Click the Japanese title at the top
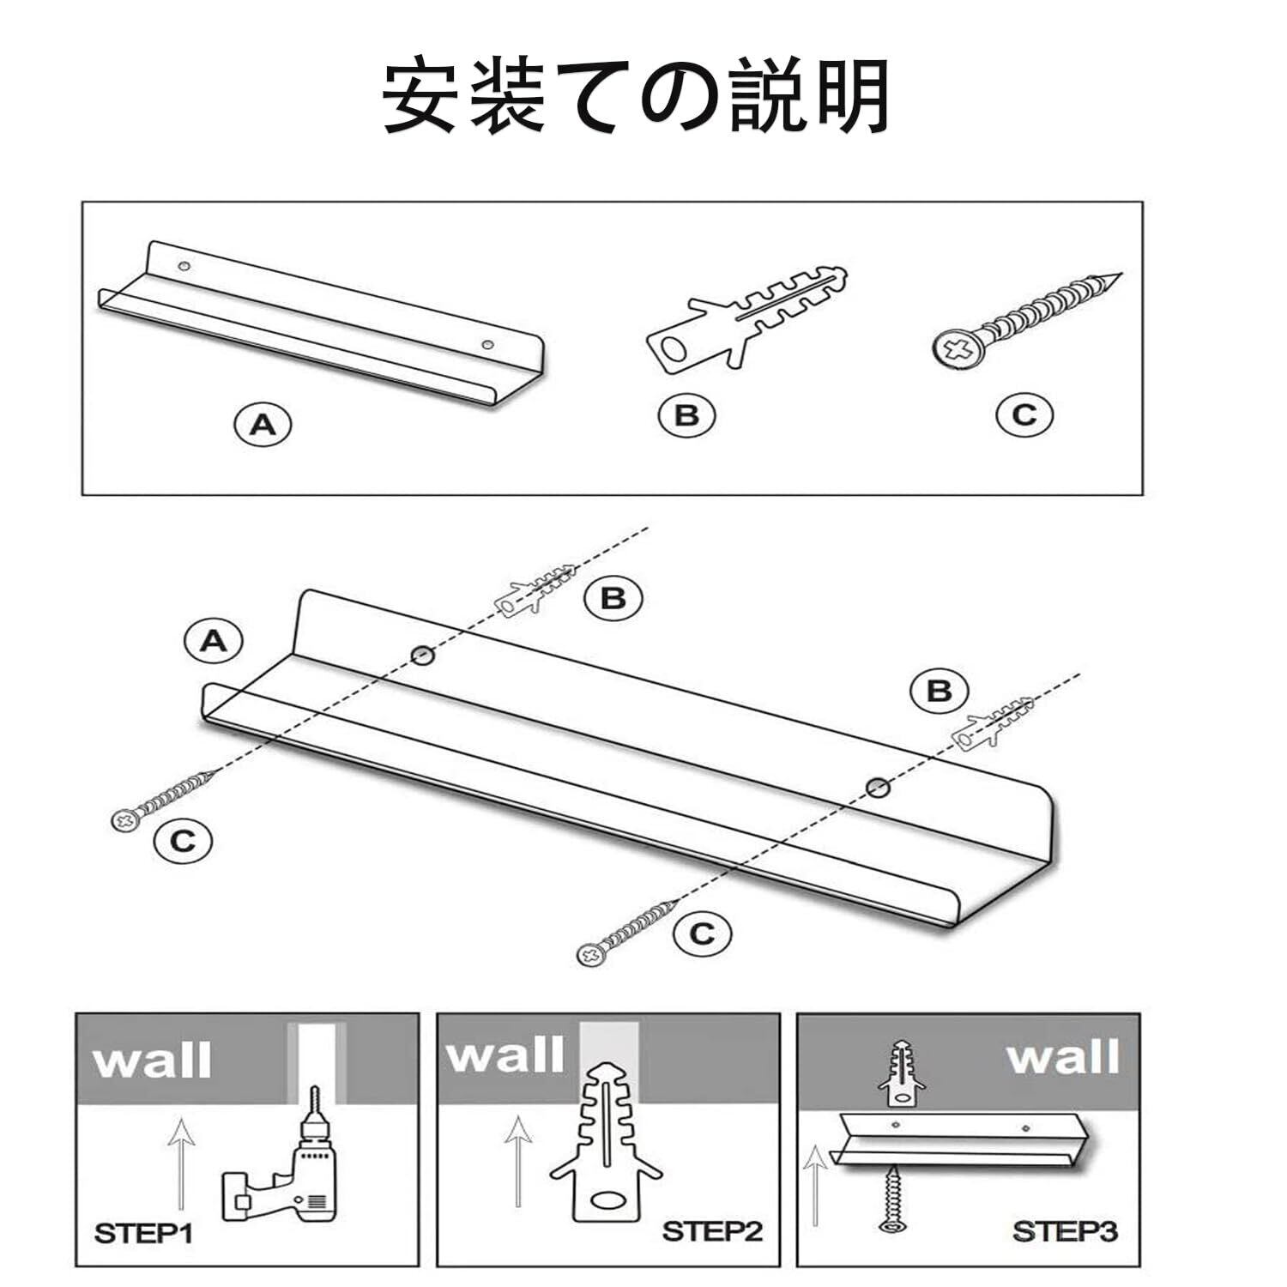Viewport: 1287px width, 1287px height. pyautogui.click(x=636, y=96)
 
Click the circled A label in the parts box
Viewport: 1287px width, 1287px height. pyautogui.click(x=263, y=425)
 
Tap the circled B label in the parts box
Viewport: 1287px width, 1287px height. pyautogui.click(x=686, y=415)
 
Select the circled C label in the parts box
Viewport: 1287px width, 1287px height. pyautogui.click(x=1024, y=415)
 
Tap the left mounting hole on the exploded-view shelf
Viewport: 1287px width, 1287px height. pyautogui.click(x=421, y=655)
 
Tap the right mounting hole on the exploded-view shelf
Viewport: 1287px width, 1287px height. pyautogui.click(x=876, y=786)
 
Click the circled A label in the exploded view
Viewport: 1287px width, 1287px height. pyautogui.click(x=213, y=641)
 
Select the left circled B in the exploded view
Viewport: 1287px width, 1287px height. pyautogui.click(x=613, y=597)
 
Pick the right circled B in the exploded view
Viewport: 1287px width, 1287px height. pyautogui.click(x=940, y=691)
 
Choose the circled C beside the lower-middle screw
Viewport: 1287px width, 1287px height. pyautogui.click(x=703, y=934)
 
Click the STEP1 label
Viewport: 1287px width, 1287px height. pyautogui.click(x=143, y=1234)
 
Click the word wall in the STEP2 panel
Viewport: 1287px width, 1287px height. pyautogui.click(x=505, y=1055)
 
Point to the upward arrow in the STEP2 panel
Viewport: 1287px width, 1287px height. pyautogui.click(x=517, y=1158)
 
